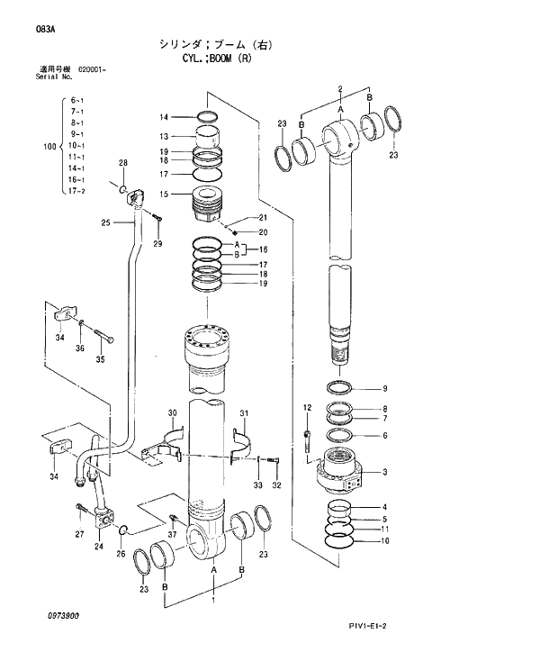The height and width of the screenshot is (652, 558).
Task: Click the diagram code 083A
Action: tap(46, 30)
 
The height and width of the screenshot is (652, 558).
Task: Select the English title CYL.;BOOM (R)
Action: tap(214, 59)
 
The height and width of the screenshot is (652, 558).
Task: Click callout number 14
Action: tap(164, 117)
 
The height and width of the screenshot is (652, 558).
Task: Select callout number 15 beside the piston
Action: tap(164, 194)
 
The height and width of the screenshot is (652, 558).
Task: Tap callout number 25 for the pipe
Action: tap(105, 222)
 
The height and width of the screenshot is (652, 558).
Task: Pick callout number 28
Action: tap(123, 162)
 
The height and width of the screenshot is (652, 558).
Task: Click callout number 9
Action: tap(384, 389)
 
